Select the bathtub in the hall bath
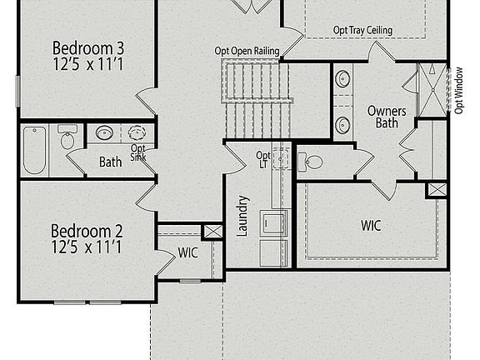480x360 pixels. coord(34,150)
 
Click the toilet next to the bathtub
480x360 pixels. coord(67,138)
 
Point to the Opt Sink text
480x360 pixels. coord(137,154)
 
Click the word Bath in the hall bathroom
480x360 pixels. coord(111,161)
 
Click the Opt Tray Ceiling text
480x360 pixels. coord(362,31)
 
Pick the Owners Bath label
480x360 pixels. coord(386,117)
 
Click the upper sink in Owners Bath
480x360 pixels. coord(343,80)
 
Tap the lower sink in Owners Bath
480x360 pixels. coord(343,125)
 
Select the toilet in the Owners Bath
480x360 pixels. coord(312,162)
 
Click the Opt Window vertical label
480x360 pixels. coord(459,90)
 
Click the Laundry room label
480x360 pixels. coord(243,215)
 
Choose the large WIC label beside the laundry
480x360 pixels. coord(371,225)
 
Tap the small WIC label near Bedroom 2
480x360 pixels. coord(188,252)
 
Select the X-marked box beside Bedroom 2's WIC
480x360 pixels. coord(212,231)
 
